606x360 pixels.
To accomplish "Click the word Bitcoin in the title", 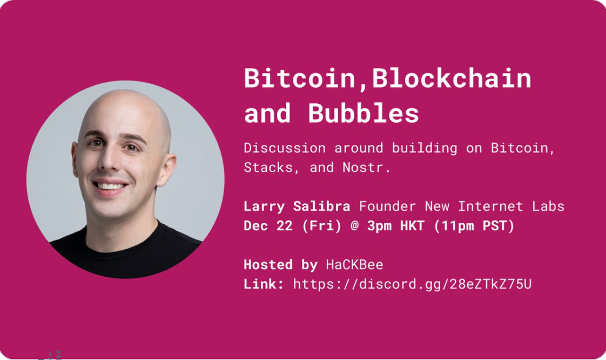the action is pos(300,78).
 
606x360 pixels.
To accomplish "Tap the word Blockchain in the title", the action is pos(452,78).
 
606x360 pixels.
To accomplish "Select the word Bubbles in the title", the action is pos(363,114).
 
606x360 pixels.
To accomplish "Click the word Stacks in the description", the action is pos(268,168).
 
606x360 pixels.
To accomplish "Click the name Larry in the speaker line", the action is pos(264,206).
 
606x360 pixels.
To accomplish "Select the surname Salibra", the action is pos(321,206).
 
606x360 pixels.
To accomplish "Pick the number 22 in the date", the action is pos(285,226).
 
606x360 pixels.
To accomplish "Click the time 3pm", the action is pos(379,226).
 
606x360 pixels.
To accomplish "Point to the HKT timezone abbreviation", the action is pos(413,226).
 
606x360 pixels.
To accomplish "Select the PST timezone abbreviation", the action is pos(494,226).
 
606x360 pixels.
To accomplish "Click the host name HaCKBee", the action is pos(354,264).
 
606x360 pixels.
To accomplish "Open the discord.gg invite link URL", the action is pos(413,284).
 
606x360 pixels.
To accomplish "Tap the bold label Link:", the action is pos(264,284).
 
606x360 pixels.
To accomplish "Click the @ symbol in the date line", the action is pos(354,226).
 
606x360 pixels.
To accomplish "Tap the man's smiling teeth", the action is pos(111,186).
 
